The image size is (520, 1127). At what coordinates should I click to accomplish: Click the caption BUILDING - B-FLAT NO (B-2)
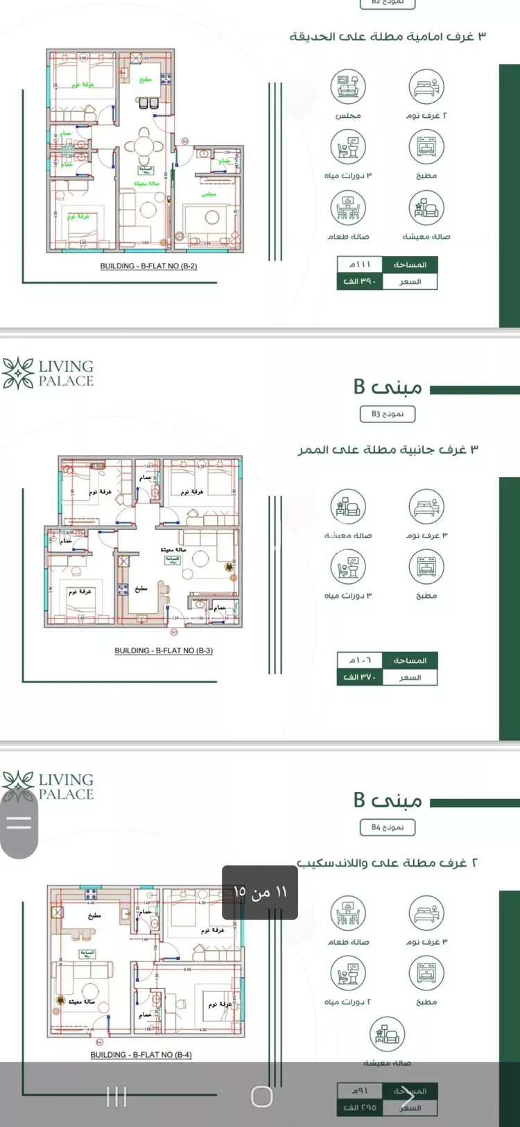click(x=148, y=266)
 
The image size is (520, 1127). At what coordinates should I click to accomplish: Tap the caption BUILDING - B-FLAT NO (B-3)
click(x=164, y=651)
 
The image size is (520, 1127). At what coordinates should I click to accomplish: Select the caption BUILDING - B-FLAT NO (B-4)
click(x=141, y=1055)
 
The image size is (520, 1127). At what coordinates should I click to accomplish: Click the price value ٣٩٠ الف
click(x=359, y=282)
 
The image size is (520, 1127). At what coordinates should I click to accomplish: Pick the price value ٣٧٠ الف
click(x=359, y=678)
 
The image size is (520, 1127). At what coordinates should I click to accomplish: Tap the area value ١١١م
click(x=359, y=264)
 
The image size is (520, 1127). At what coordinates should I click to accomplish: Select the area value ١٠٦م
click(x=359, y=660)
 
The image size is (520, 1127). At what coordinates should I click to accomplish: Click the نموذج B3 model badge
click(x=388, y=414)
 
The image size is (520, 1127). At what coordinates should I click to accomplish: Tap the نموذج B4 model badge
click(x=388, y=827)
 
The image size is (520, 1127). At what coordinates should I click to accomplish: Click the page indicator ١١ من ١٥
click(x=260, y=892)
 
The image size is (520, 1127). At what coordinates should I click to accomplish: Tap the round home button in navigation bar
click(x=261, y=1096)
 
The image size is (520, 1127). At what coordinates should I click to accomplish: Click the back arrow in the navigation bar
click(x=407, y=1096)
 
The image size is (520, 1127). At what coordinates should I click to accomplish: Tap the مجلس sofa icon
click(x=348, y=87)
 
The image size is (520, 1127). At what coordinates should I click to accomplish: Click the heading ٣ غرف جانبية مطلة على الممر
click(x=388, y=449)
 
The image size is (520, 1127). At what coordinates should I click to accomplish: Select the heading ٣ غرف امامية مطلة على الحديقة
click(x=388, y=36)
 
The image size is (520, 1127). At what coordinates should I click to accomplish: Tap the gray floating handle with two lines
click(x=19, y=823)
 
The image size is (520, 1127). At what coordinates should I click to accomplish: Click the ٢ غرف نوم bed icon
click(x=426, y=87)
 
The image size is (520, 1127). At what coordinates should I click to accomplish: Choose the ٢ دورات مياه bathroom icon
click(x=348, y=973)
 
